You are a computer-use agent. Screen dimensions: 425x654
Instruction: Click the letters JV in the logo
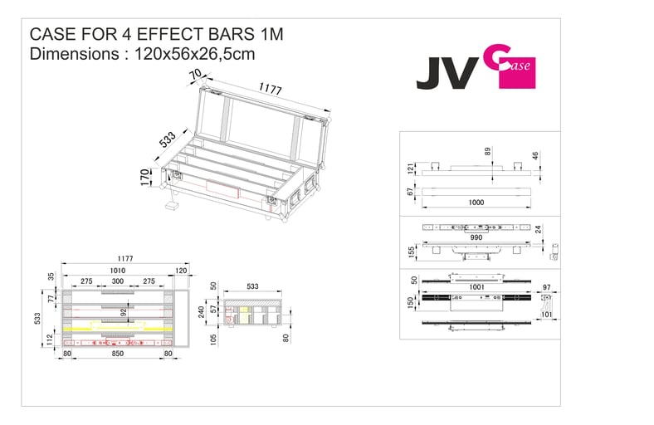pos(445,74)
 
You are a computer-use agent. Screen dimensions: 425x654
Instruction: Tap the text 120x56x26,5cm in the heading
pos(194,55)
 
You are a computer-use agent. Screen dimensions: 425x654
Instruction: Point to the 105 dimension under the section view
pos(214,338)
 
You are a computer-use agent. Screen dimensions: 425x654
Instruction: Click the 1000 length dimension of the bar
pos(476,203)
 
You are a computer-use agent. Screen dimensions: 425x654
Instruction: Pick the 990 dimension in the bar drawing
pos(476,237)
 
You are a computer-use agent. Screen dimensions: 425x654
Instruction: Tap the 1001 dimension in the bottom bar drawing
pos(476,286)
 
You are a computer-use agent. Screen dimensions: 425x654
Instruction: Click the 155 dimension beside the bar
pos(412,250)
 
